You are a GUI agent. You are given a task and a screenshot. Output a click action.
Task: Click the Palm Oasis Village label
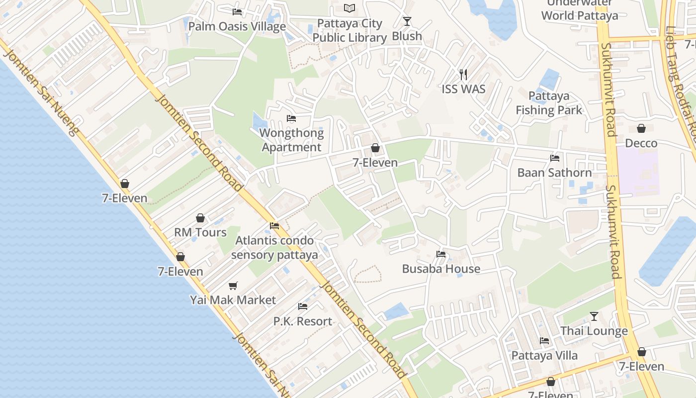237,26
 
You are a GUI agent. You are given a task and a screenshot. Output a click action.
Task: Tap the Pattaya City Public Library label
349,30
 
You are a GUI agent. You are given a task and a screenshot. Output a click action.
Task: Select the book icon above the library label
350,8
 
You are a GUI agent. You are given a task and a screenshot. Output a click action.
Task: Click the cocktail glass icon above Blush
407,21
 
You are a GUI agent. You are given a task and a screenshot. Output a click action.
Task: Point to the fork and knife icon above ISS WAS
463,75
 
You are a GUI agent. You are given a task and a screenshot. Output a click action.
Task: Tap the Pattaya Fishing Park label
549,103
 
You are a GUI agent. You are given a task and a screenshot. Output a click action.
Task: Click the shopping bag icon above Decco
641,128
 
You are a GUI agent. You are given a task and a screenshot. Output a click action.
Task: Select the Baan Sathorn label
555,173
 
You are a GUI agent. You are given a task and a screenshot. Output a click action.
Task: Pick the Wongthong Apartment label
292,140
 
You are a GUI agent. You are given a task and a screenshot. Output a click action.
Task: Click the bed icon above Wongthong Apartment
291,118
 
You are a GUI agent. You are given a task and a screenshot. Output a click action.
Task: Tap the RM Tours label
200,232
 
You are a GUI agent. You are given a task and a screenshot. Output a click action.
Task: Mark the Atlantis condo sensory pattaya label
274,248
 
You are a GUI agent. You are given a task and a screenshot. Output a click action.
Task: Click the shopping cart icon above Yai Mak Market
233,286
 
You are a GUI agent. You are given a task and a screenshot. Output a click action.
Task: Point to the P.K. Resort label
303,321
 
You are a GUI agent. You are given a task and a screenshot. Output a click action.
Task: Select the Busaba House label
441,269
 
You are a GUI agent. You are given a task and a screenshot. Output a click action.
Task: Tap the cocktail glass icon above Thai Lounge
594,316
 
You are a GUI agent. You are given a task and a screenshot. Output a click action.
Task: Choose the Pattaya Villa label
544,356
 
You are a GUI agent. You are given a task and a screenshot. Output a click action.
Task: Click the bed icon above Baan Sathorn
555,158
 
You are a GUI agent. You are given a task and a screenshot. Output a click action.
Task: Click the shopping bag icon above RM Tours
200,218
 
